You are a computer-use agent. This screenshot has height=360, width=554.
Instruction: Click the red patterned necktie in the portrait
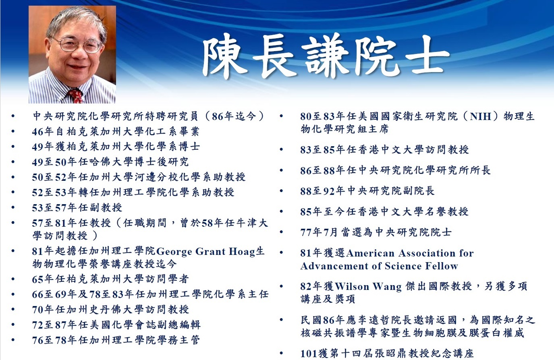tap(75, 96)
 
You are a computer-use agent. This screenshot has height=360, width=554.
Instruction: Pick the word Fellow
tap(442, 266)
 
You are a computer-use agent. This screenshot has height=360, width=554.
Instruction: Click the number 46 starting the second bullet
tap(37, 132)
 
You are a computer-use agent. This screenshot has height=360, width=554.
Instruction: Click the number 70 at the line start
tap(37, 310)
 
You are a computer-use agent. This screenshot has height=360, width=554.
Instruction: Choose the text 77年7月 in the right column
tap(319, 232)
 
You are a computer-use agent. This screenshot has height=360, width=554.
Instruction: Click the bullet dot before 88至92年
tap(282, 191)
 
